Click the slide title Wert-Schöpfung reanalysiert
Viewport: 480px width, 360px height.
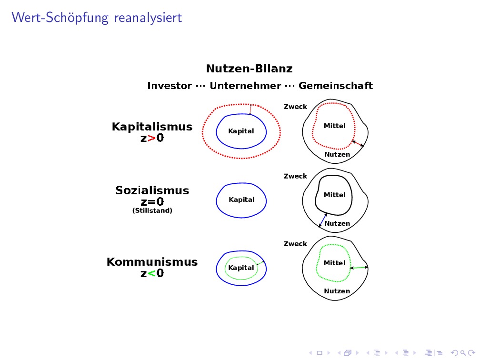97,18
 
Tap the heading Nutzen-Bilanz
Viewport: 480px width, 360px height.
249,69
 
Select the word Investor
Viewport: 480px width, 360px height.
169,86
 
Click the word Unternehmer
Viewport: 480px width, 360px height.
245,86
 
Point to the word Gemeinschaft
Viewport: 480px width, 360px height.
336,86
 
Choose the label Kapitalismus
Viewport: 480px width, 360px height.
152,127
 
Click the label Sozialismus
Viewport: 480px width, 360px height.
152,191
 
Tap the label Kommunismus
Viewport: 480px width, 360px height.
152,262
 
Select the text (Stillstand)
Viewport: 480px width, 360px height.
152,210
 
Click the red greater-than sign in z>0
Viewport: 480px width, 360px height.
152,139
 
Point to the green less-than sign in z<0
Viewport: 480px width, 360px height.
152,274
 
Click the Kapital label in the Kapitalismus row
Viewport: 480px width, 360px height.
241,131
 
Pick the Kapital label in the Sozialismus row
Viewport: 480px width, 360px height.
241,200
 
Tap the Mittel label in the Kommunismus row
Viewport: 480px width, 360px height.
334,263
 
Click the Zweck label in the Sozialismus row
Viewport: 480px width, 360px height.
295,176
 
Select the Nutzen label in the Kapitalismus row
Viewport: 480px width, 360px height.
337,154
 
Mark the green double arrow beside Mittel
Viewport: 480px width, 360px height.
359,268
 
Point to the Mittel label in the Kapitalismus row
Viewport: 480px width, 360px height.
334,126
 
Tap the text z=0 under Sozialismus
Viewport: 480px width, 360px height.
152,202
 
